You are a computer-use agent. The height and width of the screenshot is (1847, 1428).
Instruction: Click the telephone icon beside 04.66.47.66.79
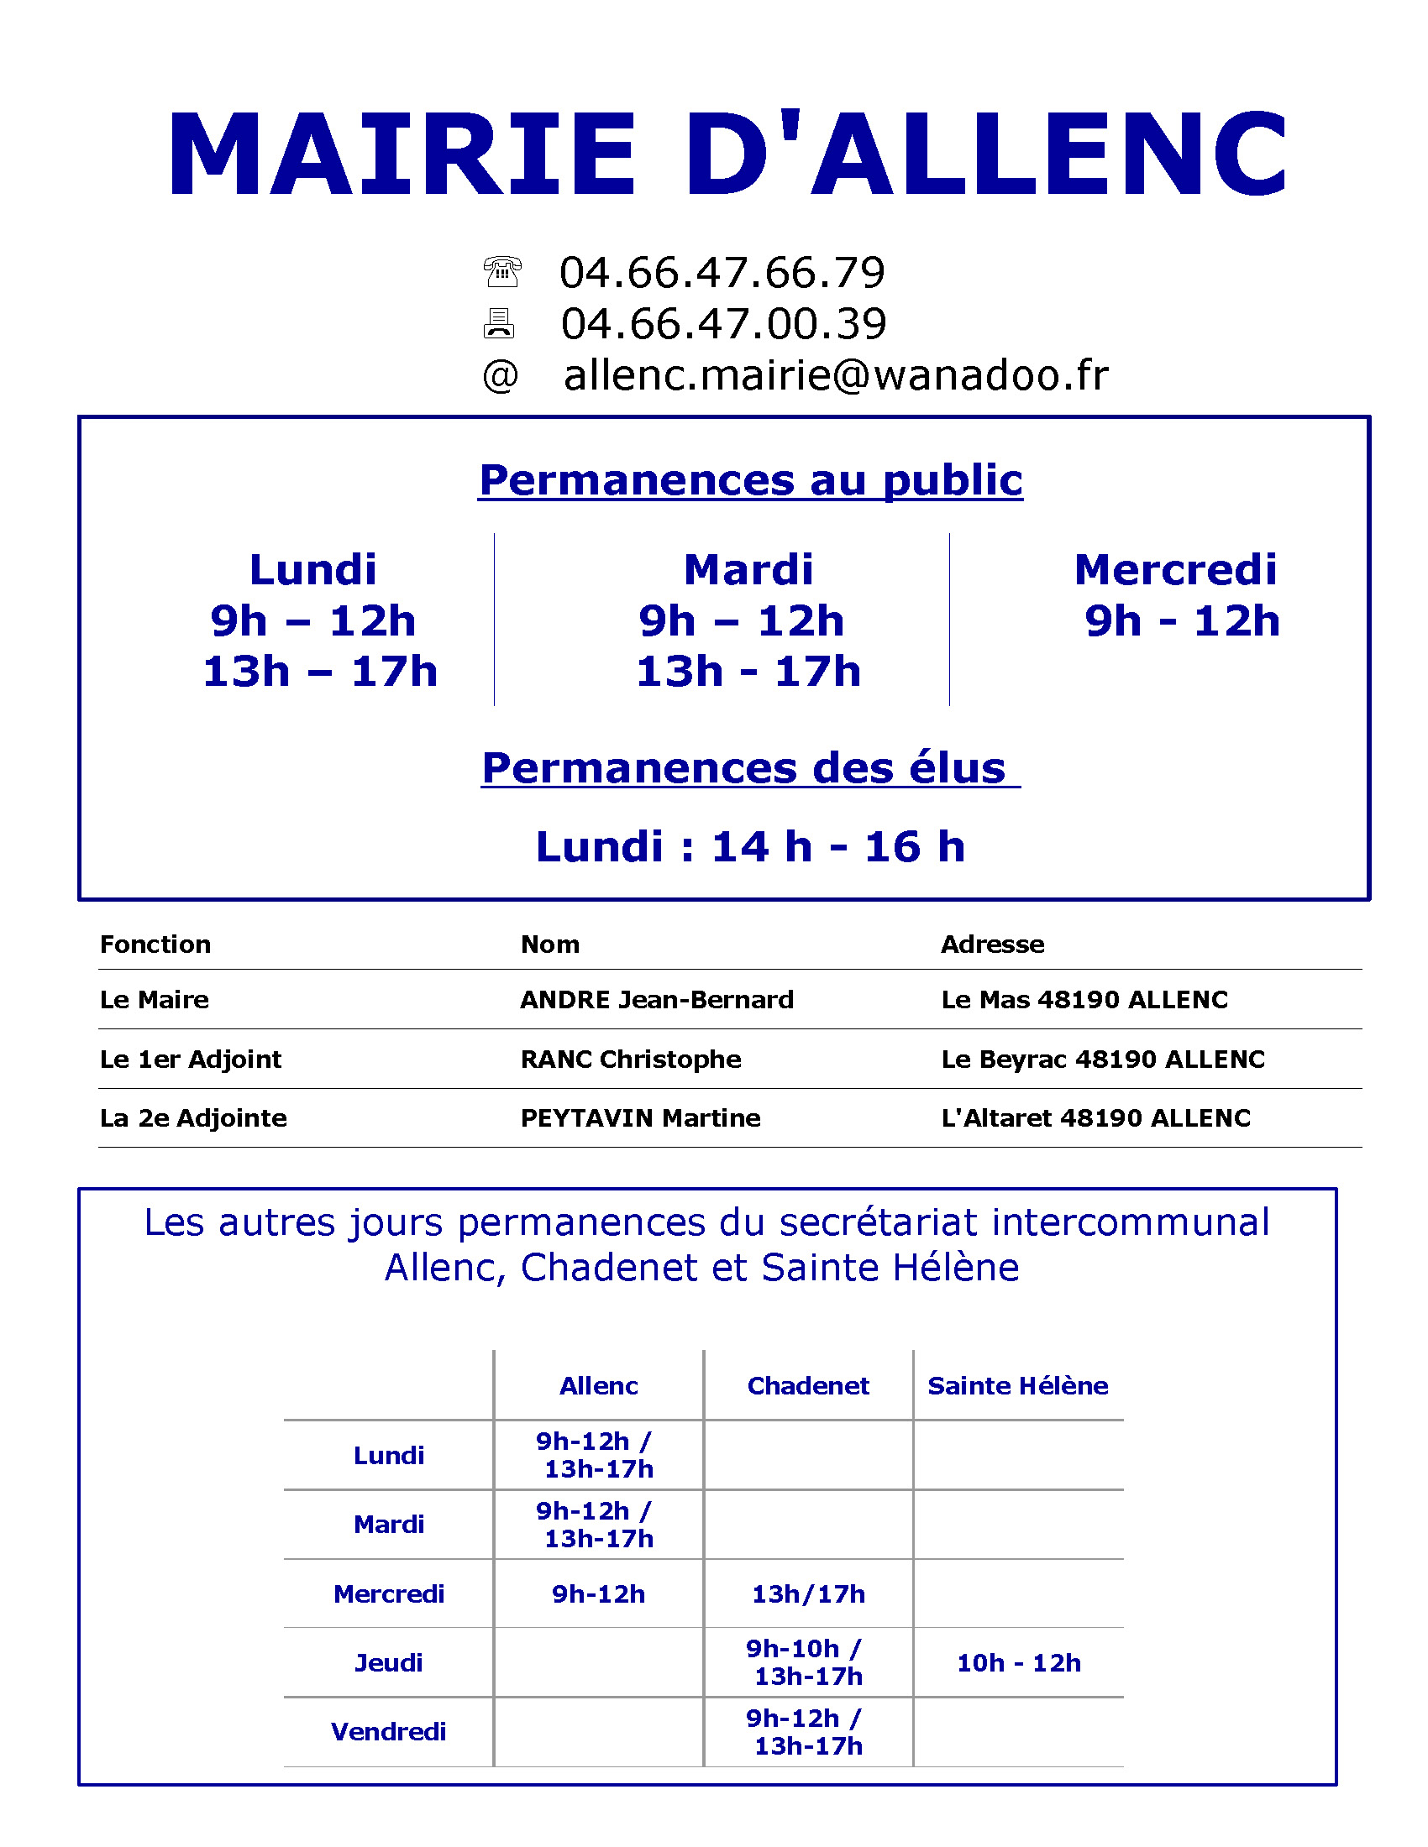[x=501, y=272]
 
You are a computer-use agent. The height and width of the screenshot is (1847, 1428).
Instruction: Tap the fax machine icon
[x=499, y=323]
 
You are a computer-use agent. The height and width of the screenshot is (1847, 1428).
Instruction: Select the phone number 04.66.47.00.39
[x=723, y=324]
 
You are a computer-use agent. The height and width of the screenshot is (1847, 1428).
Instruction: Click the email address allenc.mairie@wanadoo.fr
[x=835, y=375]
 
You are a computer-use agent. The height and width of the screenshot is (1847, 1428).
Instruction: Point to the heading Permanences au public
[x=750, y=480]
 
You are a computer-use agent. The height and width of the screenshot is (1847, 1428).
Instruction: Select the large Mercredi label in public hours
[x=1175, y=569]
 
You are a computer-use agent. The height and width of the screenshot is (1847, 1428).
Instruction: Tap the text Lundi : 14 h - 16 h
[x=750, y=846]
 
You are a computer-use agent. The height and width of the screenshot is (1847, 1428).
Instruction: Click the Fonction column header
[x=155, y=944]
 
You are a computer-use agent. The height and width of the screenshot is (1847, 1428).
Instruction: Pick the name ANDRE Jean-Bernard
[x=657, y=1000]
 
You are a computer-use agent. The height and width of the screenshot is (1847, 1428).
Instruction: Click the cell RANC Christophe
[x=630, y=1059]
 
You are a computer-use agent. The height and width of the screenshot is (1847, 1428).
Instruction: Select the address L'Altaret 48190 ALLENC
[x=1095, y=1118]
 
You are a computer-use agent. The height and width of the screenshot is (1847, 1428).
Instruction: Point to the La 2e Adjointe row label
[x=194, y=1118]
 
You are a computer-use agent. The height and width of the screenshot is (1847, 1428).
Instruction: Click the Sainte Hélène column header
[x=1018, y=1386]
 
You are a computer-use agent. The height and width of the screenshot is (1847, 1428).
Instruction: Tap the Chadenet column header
[x=808, y=1386]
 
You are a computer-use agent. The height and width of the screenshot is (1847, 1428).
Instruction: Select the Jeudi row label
[x=388, y=1662]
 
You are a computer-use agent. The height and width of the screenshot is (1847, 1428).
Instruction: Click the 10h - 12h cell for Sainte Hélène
[x=1019, y=1662]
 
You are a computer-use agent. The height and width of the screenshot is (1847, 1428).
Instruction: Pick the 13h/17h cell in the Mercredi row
[x=808, y=1594]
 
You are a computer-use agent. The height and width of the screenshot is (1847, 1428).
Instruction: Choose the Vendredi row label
[x=388, y=1732]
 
